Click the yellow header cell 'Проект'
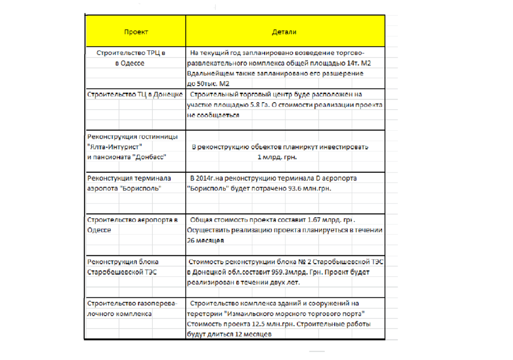(136, 32)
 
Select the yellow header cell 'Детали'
(284, 32)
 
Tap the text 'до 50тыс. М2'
(208, 84)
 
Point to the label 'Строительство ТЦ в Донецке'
(135, 94)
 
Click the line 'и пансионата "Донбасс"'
(127, 157)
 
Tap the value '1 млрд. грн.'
(277, 157)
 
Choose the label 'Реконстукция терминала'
(129, 178)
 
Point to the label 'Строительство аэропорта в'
(133, 219)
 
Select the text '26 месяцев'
(205, 241)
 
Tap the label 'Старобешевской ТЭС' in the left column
(122, 272)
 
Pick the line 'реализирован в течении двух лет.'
(243, 282)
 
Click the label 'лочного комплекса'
(120, 313)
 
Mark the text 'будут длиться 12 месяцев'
(229, 334)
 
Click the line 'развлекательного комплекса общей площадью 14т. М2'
(279, 63)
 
